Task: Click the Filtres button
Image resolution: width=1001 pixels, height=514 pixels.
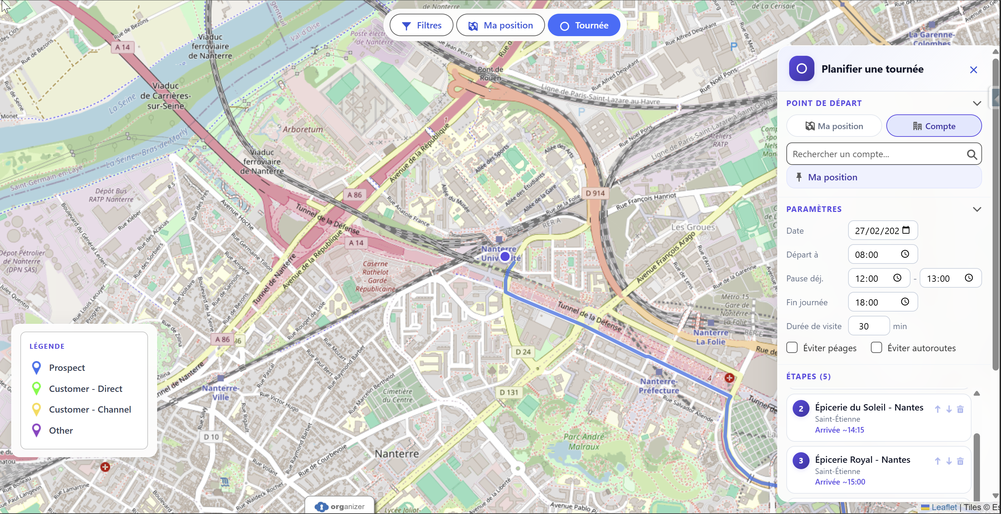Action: [x=421, y=25]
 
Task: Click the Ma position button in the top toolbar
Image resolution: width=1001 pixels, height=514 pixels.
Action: [x=501, y=25]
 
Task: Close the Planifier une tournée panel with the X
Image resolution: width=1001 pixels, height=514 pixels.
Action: [x=973, y=69]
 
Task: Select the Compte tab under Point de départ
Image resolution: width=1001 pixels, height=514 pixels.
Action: [x=933, y=126]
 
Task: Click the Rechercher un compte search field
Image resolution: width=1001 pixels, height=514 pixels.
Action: [x=878, y=154]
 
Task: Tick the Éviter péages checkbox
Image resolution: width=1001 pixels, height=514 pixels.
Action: [x=792, y=348]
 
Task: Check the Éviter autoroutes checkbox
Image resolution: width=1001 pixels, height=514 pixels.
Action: [x=876, y=348]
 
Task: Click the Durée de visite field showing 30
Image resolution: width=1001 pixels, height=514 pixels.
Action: [x=868, y=326]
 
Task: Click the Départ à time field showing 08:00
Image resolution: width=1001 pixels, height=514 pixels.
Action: [x=876, y=255]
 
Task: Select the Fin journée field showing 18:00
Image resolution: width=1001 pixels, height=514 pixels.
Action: [x=876, y=302]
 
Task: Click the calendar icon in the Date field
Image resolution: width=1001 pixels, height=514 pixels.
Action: [x=906, y=230]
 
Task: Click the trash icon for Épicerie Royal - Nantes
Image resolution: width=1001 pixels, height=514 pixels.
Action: [x=960, y=461]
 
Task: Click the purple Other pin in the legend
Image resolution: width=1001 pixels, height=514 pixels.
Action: [x=36, y=430]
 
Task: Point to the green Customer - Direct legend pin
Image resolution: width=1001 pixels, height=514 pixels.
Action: [x=36, y=388]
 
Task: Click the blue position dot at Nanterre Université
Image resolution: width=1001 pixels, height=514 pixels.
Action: [x=505, y=256]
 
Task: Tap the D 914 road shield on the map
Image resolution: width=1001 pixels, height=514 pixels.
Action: [x=595, y=193]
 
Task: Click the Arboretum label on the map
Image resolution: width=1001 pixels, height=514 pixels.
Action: [x=302, y=129]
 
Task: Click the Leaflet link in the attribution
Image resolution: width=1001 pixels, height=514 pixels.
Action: [x=944, y=507]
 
